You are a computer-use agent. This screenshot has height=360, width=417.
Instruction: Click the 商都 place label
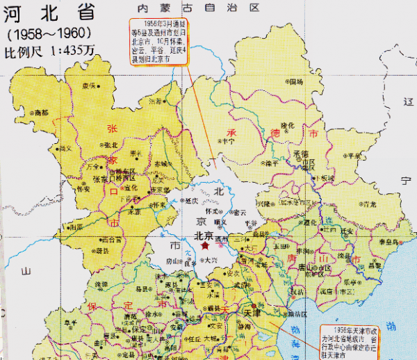coord(41,112)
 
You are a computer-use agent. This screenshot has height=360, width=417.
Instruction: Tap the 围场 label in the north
coord(296,82)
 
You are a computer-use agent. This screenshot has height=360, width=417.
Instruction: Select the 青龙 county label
coord(369,204)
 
